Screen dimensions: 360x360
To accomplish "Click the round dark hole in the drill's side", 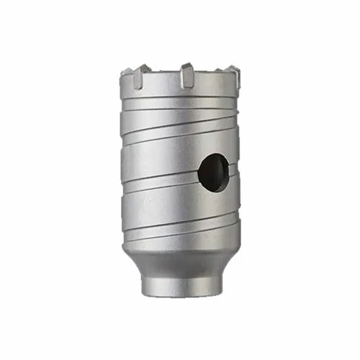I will click(x=214, y=173).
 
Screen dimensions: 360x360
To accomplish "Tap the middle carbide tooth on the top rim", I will click(x=187, y=73).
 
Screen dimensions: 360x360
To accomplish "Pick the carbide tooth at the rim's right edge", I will click(x=233, y=73).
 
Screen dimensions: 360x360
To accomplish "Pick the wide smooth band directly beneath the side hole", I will click(x=180, y=209).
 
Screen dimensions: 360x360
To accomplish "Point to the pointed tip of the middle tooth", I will click(x=186, y=64).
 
